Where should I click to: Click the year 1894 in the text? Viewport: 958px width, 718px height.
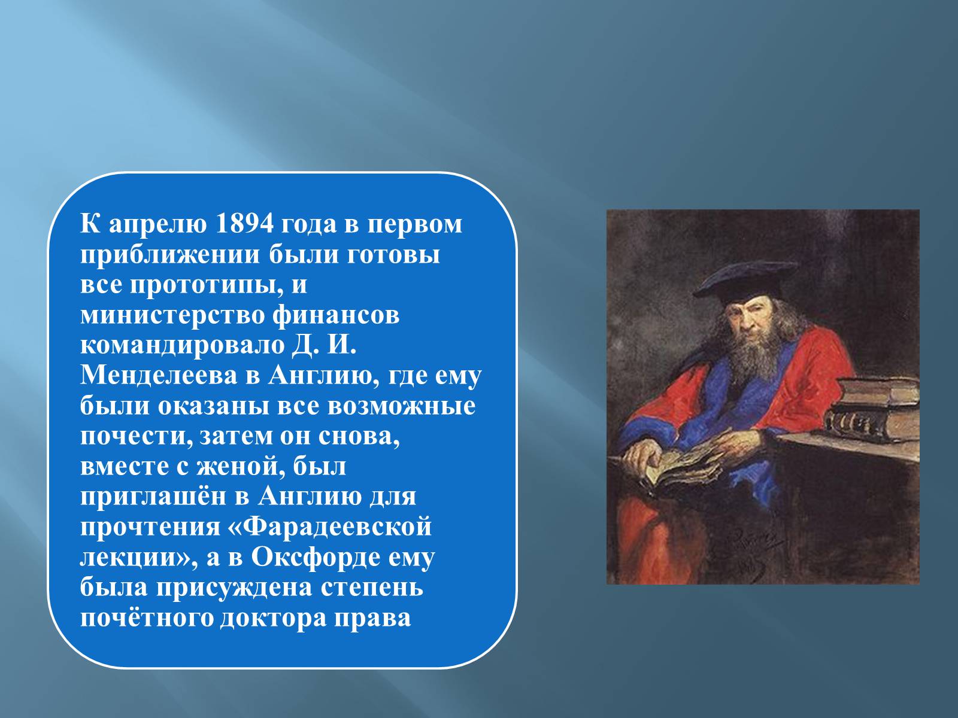(244, 224)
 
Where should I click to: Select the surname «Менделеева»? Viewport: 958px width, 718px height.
(159, 376)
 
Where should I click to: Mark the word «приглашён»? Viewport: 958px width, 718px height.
(153, 498)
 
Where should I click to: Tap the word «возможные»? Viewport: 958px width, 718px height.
(401, 407)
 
